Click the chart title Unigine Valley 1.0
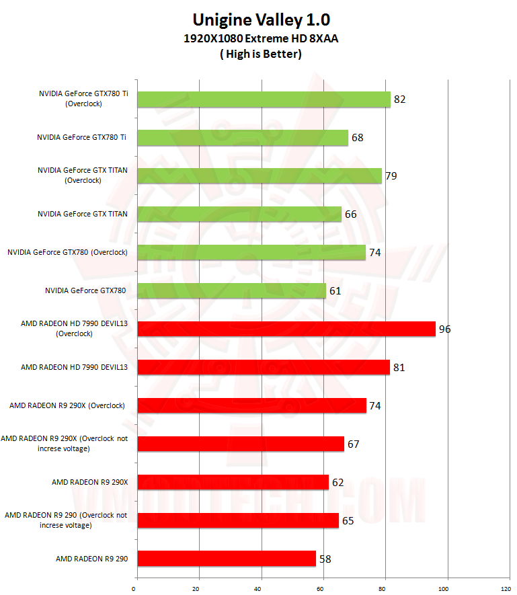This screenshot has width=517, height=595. [x=261, y=19]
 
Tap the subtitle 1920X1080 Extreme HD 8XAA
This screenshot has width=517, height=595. [x=261, y=39]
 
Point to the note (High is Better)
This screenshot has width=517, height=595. [x=261, y=54]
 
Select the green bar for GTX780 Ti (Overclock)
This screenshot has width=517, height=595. [x=264, y=100]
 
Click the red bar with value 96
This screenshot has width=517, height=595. [x=286, y=329]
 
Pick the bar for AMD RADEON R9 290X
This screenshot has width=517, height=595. [x=233, y=482]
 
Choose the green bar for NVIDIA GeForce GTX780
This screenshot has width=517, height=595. [x=231, y=290]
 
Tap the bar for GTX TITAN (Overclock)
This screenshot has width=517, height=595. [x=259, y=176]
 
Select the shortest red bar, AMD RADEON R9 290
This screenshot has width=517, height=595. [x=227, y=559]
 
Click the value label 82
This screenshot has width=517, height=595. [x=400, y=100]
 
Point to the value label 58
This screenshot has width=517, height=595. [x=325, y=559]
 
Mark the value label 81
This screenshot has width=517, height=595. [x=399, y=367]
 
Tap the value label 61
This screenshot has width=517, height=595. [x=335, y=290]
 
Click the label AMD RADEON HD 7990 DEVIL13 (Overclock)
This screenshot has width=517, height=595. [x=74, y=328]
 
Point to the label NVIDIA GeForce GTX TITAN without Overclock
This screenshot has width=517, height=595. [x=83, y=214]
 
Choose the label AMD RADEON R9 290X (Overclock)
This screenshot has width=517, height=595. [x=67, y=405]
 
